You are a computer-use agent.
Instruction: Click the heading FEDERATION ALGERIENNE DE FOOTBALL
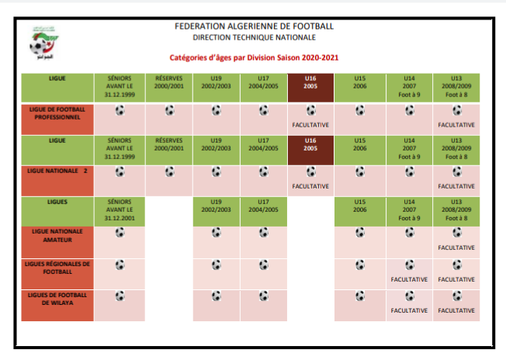[254, 26]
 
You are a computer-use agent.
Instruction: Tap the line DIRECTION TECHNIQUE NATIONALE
[254, 37]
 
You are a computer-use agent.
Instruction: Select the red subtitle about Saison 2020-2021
[254, 57]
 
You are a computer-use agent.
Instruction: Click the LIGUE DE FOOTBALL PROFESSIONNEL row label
[56, 114]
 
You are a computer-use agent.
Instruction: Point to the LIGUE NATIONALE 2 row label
[56, 170]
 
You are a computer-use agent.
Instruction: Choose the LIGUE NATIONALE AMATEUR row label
[56, 236]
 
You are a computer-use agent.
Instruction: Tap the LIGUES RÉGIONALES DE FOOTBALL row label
[56, 268]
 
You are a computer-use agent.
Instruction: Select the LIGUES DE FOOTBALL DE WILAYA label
[56, 299]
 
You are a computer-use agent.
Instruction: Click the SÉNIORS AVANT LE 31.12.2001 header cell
[120, 209]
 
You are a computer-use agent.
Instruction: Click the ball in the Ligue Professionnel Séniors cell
[120, 110]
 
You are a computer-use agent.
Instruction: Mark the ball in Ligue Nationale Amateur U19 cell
[216, 231]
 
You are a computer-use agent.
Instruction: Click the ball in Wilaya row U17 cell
[263, 295]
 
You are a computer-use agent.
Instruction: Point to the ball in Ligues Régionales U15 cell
[359, 264]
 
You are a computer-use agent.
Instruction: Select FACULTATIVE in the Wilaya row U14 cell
[408, 310]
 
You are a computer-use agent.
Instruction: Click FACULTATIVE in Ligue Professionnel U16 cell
[310, 124]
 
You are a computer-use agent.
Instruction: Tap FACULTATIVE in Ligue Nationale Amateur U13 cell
[456, 247]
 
